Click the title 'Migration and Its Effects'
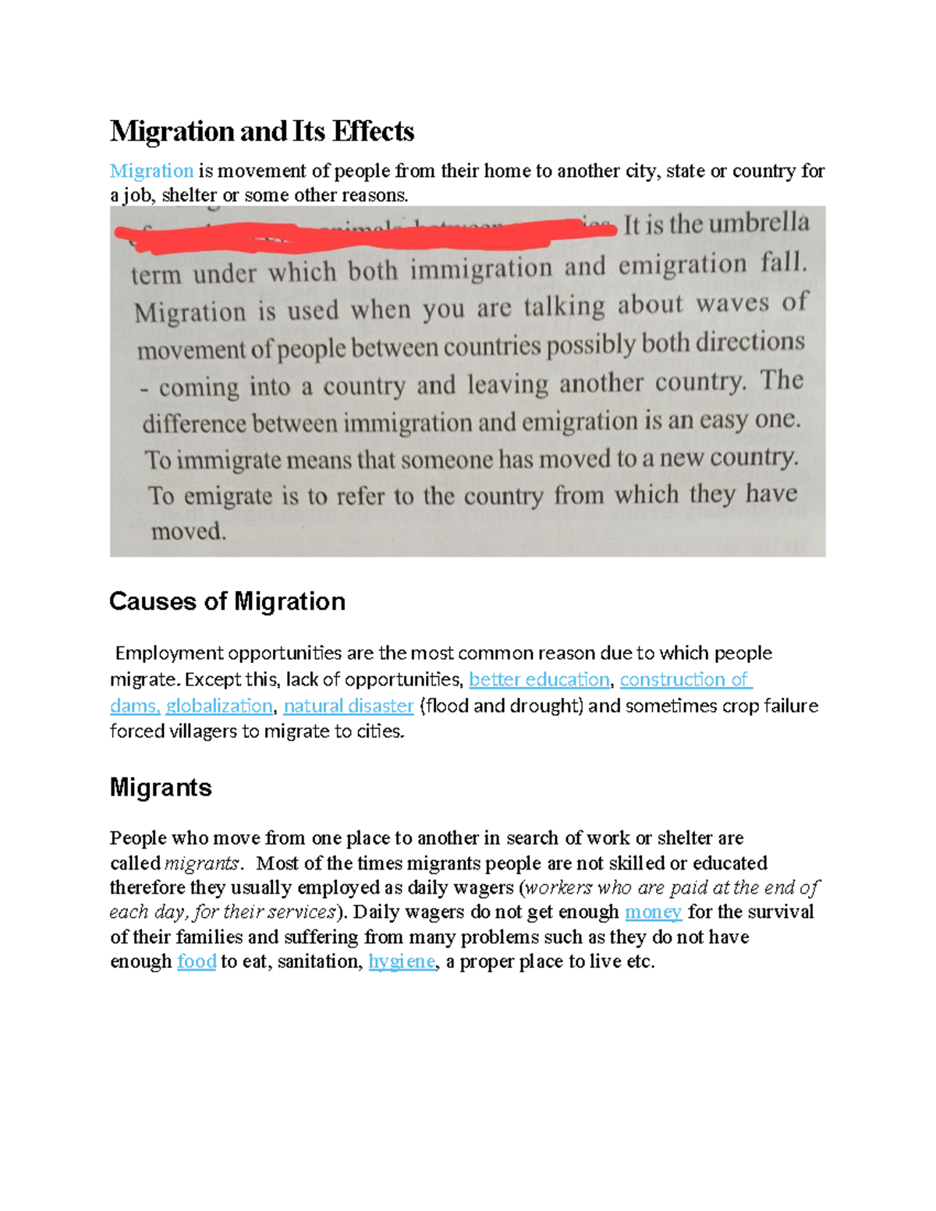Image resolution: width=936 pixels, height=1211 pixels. coord(262,131)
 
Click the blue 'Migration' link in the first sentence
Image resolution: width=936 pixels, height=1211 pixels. coord(151,171)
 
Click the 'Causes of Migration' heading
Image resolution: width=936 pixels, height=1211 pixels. coord(227,601)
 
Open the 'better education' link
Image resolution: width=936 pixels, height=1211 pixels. coord(539,679)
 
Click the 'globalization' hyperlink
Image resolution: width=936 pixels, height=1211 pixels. coord(219,706)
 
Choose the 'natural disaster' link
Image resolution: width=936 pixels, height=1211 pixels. coord(348,706)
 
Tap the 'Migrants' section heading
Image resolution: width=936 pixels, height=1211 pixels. coord(161,788)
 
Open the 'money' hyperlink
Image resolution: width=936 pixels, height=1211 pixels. coord(653,912)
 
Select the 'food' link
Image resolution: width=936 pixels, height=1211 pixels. coord(197,961)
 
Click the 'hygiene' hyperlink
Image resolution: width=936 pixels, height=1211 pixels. coord(402,961)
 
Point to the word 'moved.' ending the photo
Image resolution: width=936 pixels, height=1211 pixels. coord(188,532)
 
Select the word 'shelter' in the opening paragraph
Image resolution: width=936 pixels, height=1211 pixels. coord(190,195)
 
